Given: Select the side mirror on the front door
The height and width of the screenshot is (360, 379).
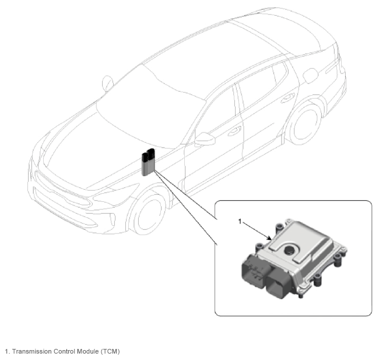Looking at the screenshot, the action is coord(205,139).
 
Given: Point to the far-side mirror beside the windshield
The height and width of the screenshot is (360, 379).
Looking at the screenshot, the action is coord(107,83).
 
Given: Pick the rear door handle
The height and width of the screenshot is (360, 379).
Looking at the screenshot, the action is coord(287,98).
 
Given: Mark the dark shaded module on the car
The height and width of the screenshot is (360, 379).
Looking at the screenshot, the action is coord(148,162).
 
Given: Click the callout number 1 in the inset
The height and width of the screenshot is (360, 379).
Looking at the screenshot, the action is coord(240,221).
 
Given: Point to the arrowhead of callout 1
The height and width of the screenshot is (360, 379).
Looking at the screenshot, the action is coord(269,238).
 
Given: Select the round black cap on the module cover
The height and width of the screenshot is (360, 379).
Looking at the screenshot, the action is coord(289,250).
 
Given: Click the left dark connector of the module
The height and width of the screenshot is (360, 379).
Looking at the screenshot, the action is coord(254,272).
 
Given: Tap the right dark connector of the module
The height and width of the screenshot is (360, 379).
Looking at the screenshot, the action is coord(279,284).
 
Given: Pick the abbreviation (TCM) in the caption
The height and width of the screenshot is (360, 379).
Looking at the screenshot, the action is coord(110,351).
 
